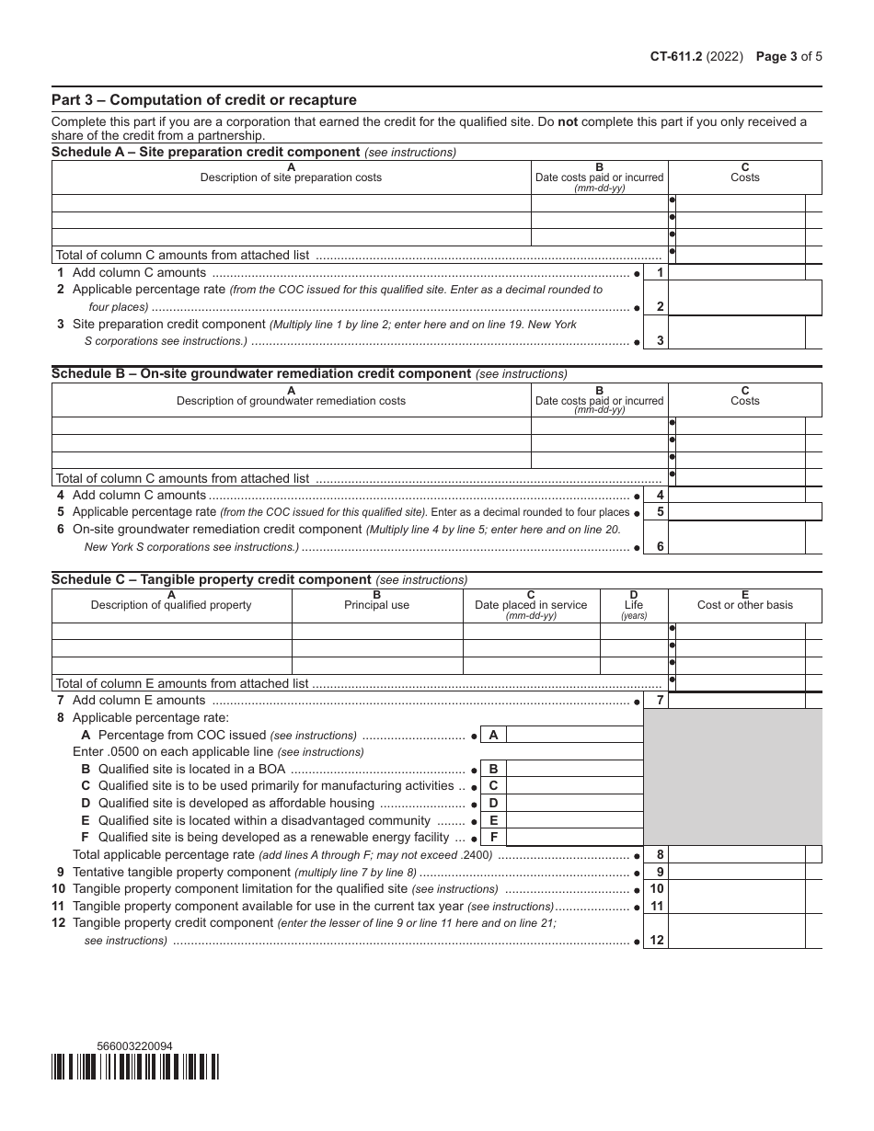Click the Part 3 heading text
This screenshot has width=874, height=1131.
[x=203, y=100]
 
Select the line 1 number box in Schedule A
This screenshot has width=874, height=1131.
[x=656, y=273]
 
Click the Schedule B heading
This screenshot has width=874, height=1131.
[x=260, y=373]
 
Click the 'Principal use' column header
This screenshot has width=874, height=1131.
[x=377, y=605]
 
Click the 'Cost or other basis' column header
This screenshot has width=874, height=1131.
[x=744, y=605]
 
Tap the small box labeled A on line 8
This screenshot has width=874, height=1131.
[x=493, y=735]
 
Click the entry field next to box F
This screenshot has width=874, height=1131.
[x=574, y=838]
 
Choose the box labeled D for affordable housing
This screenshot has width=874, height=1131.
[x=493, y=804]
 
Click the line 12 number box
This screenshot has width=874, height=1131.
[x=656, y=940]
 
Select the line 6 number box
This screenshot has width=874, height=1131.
[x=656, y=546]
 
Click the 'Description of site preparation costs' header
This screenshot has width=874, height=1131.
[x=291, y=177]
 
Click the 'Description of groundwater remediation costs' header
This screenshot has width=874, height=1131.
[x=291, y=401]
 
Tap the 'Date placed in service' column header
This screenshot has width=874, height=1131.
[x=531, y=605]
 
